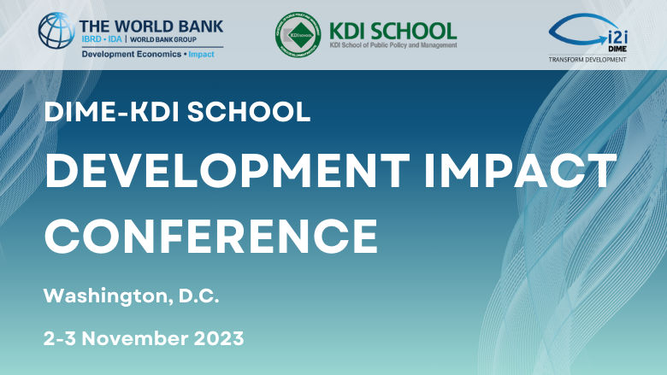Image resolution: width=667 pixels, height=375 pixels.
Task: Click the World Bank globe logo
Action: tap(56, 32)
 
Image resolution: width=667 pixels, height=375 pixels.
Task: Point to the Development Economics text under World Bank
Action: tap(128, 54)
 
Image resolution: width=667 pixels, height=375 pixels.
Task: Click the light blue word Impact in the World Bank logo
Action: tap(202, 54)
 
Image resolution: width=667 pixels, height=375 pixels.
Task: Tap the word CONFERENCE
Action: tap(211, 232)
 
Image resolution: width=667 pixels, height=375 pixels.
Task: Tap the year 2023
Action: tap(219, 338)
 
